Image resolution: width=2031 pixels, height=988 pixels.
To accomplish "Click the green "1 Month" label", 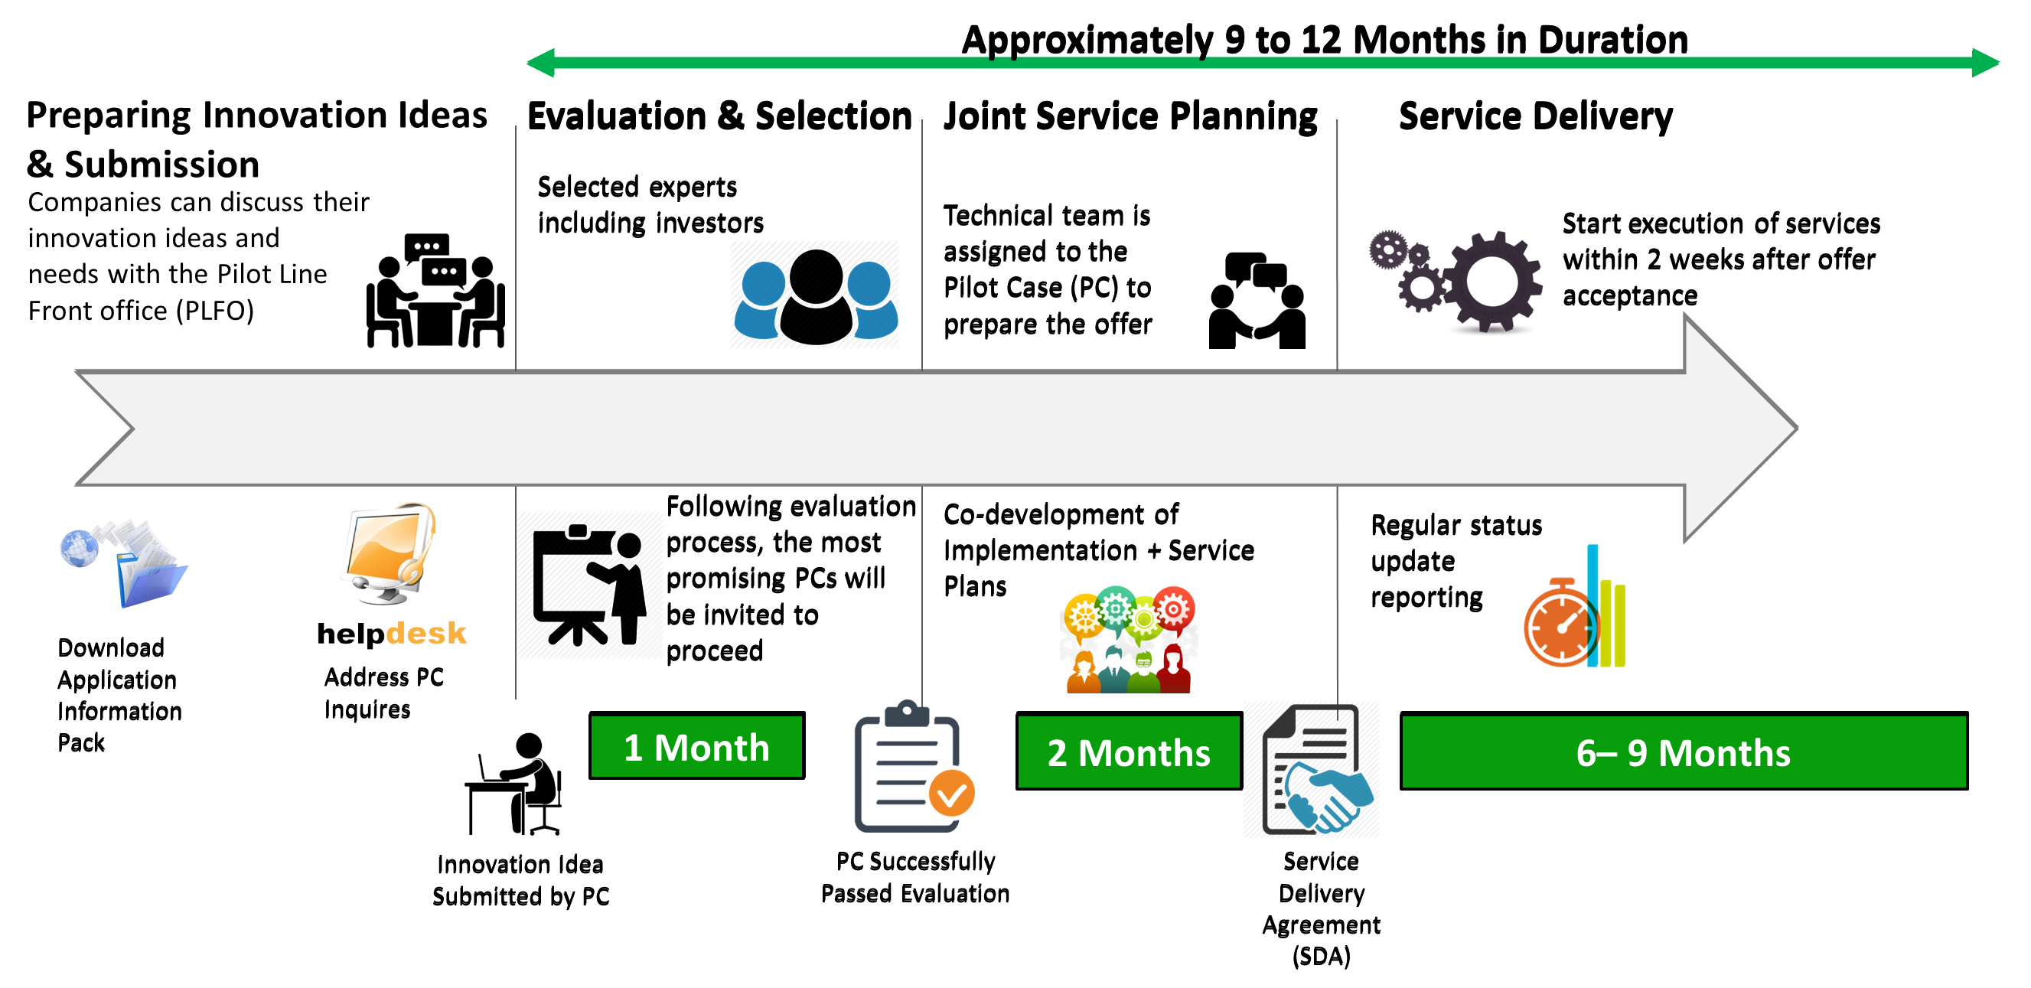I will tap(696, 747).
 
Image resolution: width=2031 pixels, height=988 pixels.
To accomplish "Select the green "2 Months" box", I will tap(1128, 752).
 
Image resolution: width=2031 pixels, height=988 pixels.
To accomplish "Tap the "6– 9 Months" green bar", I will tap(1684, 752).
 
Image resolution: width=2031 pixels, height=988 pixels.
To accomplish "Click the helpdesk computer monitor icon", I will tap(386, 553).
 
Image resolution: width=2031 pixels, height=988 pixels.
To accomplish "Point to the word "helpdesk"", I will tap(392, 634).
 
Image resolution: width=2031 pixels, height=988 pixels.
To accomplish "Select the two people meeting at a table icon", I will tap(435, 292).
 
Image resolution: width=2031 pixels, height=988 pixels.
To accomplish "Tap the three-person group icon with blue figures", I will tap(813, 295).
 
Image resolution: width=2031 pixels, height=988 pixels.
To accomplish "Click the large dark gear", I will tap(1491, 282).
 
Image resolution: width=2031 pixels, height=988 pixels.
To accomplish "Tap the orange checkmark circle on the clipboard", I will tap(952, 794).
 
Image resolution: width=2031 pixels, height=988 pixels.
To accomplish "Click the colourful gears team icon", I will tap(1128, 639).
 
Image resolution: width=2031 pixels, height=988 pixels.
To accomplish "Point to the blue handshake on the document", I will tap(1328, 797).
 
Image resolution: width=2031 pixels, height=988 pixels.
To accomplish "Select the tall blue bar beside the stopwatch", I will tap(1592, 604).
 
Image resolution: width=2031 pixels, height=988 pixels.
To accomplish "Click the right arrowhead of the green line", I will tap(1985, 62).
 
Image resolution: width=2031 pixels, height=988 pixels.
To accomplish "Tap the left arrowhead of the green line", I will tap(541, 62).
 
